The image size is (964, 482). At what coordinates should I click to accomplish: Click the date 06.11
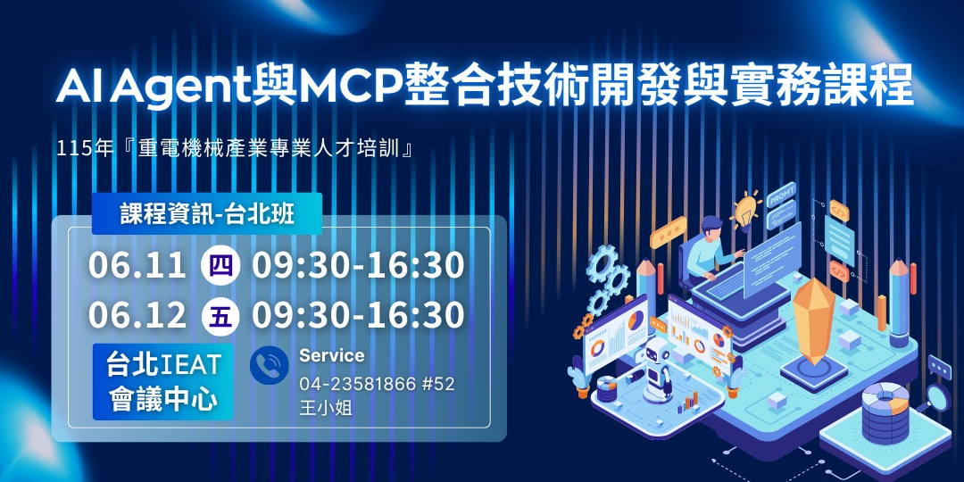pyautogui.click(x=137, y=265)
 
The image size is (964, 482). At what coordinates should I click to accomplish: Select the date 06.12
pyautogui.click(x=137, y=315)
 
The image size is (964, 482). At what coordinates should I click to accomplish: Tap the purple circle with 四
pyautogui.click(x=219, y=265)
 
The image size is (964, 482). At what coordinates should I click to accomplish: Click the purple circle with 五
pyautogui.click(x=219, y=315)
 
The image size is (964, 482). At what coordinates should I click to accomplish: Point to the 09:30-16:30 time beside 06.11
pyautogui.click(x=358, y=265)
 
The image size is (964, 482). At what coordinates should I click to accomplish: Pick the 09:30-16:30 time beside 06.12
pyautogui.click(x=358, y=315)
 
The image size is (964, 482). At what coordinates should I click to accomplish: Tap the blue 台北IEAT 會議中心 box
pyautogui.click(x=163, y=381)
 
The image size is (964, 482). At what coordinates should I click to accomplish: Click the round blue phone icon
pyautogui.click(x=269, y=367)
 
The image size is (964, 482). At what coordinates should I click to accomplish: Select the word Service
pyautogui.click(x=332, y=355)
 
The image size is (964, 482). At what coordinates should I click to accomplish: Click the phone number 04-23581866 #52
pyautogui.click(x=377, y=384)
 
